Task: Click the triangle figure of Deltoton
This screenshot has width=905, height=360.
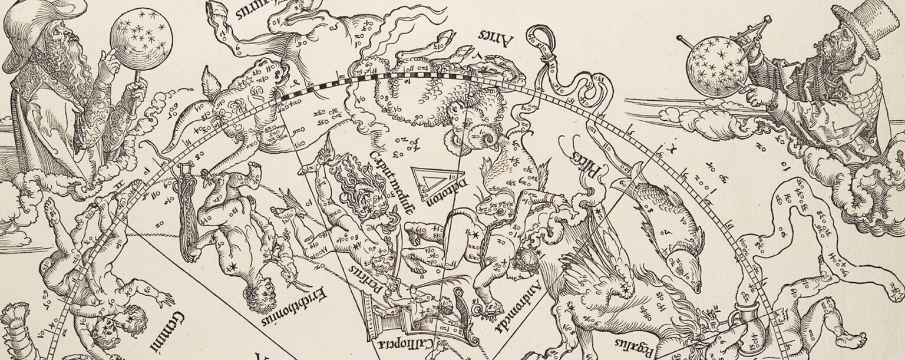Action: [x=422, y=181]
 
